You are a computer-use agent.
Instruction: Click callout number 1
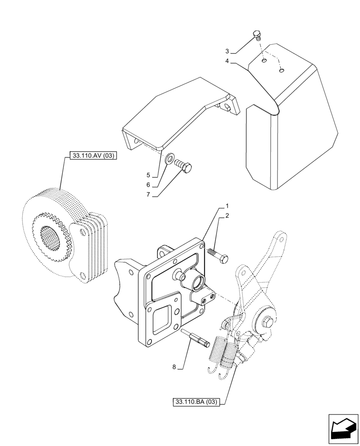(227, 206)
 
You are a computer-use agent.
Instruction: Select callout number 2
(227, 216)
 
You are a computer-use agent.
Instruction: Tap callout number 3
(227, 51)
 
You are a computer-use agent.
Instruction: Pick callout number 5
(148, 175)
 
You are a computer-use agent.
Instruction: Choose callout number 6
(148, 185)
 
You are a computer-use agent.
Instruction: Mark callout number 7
(148, 195)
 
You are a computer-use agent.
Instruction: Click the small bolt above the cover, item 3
(257, 35)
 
